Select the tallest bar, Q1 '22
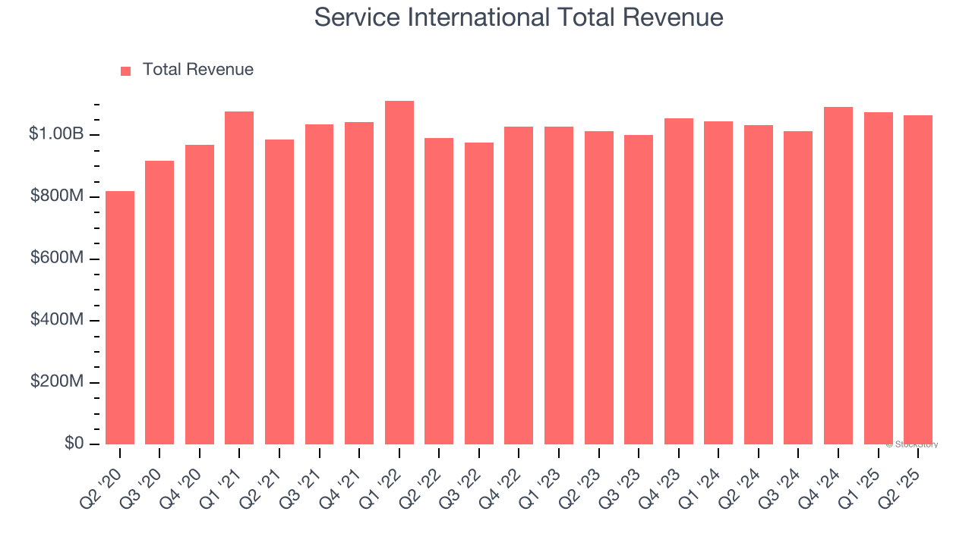click(399, 272)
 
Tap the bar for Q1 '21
click(239, 278)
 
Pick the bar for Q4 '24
click(838, 275)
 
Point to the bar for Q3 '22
click(479, 293)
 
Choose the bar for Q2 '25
click(918, 280)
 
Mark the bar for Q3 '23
click(639, 290)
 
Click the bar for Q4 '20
click(200, 294)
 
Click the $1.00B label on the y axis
click(56, 134)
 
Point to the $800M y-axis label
click(56, 196)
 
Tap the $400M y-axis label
click(56, 320)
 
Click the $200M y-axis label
click(56, 381)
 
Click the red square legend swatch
click(126, 71)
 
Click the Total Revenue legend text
click(197, 70)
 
